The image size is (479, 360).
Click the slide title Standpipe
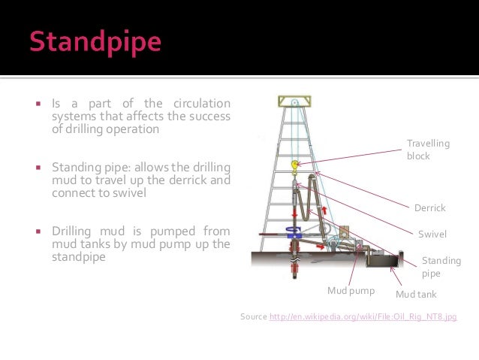(95, 41)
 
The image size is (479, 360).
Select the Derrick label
(429, 207)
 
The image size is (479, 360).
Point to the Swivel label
(432, 234)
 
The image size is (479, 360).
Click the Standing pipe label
(441, 267)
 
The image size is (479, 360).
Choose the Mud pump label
(351, 290)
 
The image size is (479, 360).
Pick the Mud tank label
(415, 295)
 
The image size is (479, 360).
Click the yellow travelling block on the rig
(295, 163)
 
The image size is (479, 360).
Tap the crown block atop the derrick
(295, 101)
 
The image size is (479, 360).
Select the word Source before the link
(253, 317)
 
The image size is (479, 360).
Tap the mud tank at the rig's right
(381, 260)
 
